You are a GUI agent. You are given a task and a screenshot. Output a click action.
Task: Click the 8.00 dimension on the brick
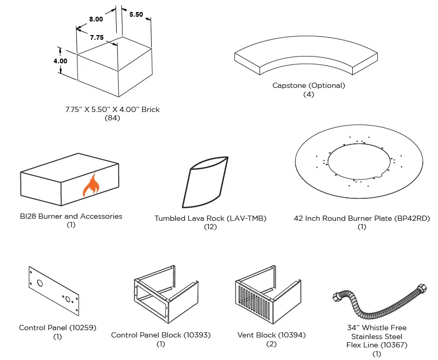point(96,19)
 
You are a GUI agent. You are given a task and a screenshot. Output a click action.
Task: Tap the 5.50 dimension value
point(136,15)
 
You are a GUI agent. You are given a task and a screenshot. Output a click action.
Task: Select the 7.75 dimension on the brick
point(96,38)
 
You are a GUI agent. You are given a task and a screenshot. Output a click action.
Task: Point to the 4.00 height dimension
point(60,61)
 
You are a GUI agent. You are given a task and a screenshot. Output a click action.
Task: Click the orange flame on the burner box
point(92,186)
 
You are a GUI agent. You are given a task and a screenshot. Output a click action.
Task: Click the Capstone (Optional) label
point(309,85)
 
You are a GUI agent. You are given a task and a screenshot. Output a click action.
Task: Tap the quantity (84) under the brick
point(113,118)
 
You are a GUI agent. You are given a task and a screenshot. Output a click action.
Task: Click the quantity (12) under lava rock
point(210,227)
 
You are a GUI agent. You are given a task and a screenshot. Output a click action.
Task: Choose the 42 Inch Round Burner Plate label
point(362,218)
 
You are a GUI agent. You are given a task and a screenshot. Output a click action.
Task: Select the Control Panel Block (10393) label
point(161,335)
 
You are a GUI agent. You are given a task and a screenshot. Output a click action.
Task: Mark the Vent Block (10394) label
point(272,335)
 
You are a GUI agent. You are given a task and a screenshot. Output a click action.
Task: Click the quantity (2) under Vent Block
point(272,344)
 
